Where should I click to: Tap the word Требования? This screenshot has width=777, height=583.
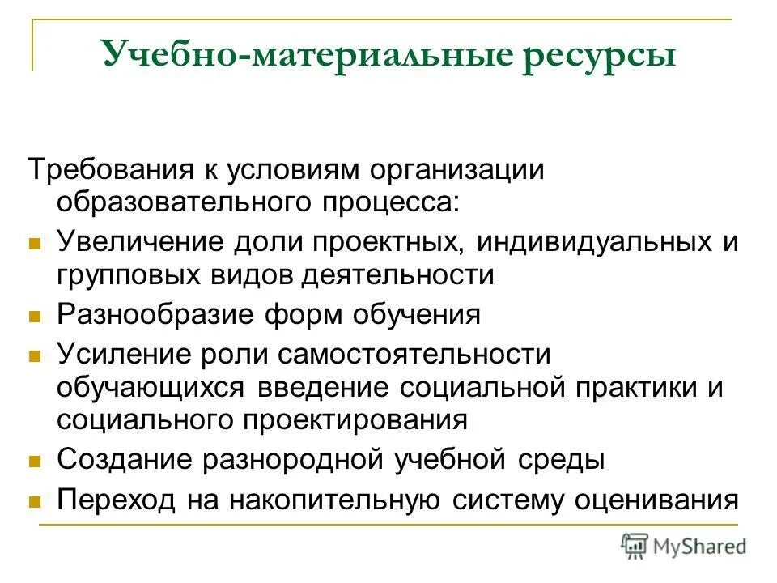110,169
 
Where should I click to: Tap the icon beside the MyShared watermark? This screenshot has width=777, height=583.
635,547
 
